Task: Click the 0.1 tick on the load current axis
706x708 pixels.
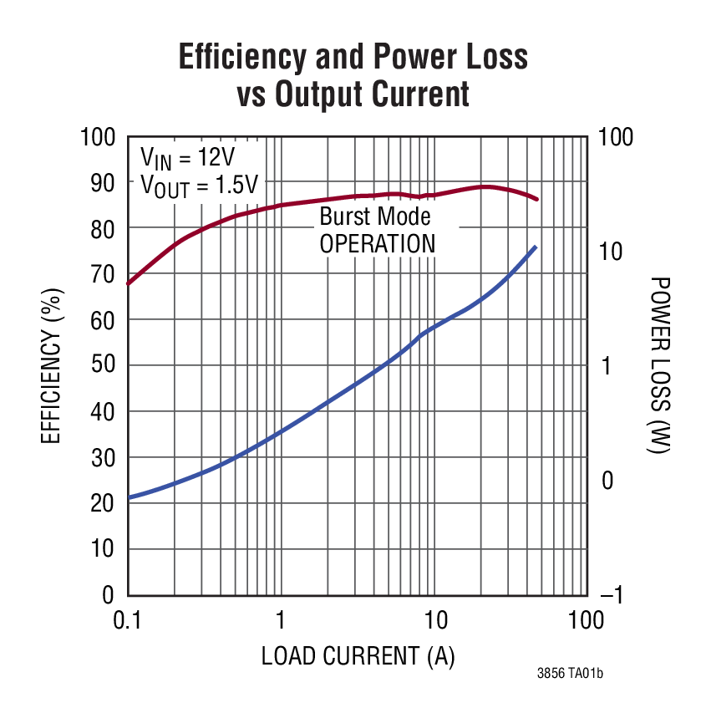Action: [x=127, y=620]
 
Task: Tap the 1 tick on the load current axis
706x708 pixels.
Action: [x=280, y=620]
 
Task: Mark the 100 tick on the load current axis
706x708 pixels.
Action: [x=585, y=620]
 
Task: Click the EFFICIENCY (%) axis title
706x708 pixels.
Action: [x=52, y=365]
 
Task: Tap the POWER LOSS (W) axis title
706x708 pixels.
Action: [x=659, y=365]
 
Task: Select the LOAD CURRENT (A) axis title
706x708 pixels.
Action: [x=358, y=657]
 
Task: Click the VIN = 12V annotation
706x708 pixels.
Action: [x=188, y=157]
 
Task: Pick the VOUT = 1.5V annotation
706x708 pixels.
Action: [x=199, y=186]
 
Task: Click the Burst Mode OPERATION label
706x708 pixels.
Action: [x=378, y=231]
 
